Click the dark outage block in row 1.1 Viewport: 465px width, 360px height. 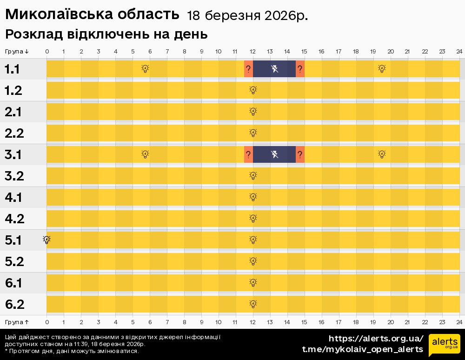click(274, 69)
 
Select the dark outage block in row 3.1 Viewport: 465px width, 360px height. click(274, 154)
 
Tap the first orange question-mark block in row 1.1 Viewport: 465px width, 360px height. click(248, 69)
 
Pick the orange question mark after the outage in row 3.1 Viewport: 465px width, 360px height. click(300, 154)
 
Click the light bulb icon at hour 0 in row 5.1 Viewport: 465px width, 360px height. click(46, 240)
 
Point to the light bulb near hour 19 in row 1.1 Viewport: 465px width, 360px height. click(382, 69)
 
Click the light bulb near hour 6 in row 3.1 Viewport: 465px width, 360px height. click(145, 154)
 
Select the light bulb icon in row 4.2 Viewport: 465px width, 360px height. click(253, 218)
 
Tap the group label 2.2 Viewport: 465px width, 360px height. click(14, 133)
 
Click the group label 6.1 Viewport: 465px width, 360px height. click(14, 283)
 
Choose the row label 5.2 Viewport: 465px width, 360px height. click(14, 261)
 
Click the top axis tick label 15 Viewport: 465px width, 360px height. click(304, 51)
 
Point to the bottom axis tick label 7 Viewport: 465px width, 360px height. click(167, 322)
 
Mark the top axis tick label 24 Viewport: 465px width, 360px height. click(458, 51)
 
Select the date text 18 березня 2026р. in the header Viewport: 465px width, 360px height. click(247, 16)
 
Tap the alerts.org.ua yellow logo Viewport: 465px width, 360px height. click(444, 344)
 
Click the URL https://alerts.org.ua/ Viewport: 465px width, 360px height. click(376, 338)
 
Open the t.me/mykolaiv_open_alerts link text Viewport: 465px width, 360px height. click(363, 349)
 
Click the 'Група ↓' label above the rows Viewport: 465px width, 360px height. click(17, 51)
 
